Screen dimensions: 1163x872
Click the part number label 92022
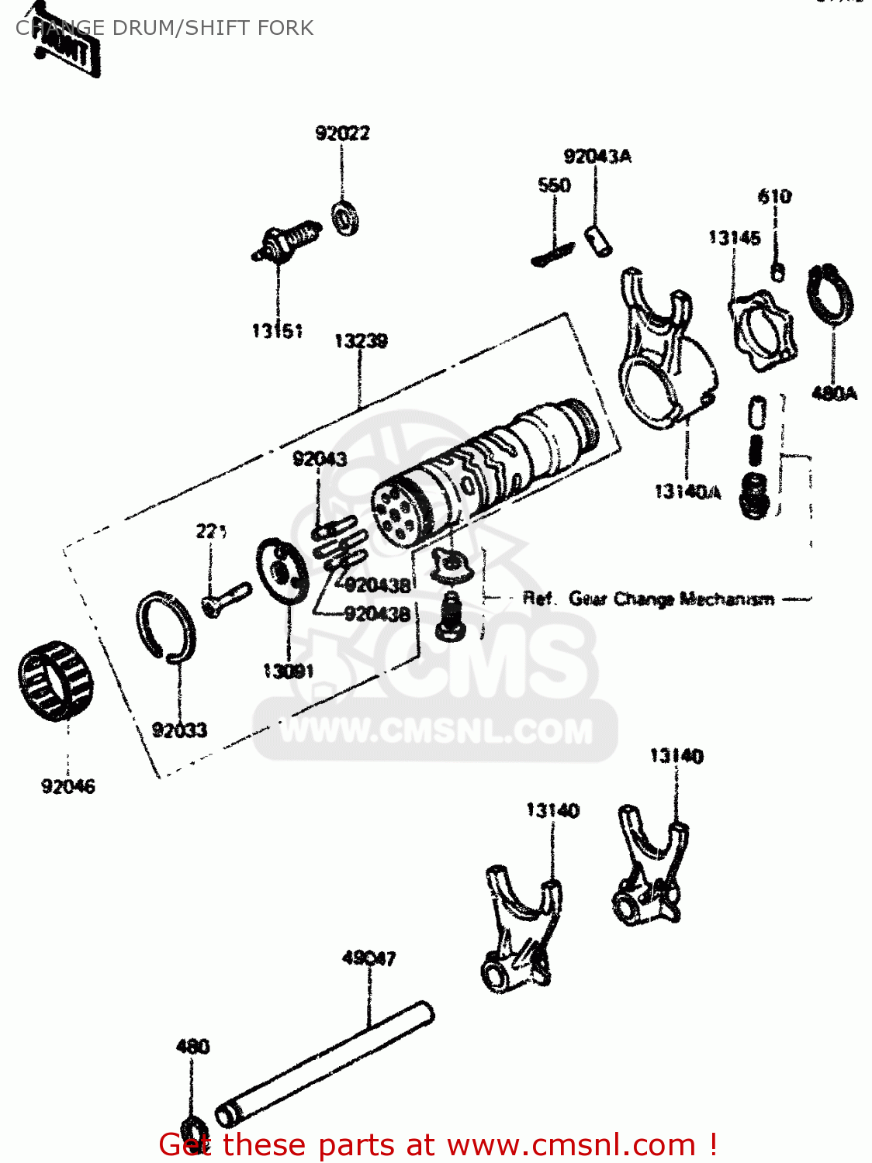click(342, 133)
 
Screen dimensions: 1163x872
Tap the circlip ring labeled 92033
click(167, 626)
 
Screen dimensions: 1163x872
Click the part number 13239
click(361, 341)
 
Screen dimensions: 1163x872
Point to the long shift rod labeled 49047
click(324, 1062)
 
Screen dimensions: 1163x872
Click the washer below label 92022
click(345, 218)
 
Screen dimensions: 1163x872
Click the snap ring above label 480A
click(831, 295)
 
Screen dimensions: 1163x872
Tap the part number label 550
click(554, 185)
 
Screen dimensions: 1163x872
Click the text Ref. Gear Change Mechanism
click(648, 599)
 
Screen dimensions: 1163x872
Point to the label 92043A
click(597, 157)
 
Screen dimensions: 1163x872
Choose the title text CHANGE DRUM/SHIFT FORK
click(164, 28)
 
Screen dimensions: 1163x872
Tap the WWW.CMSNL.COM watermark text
click(436, 731)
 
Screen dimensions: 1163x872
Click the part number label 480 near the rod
click(192, 1047)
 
